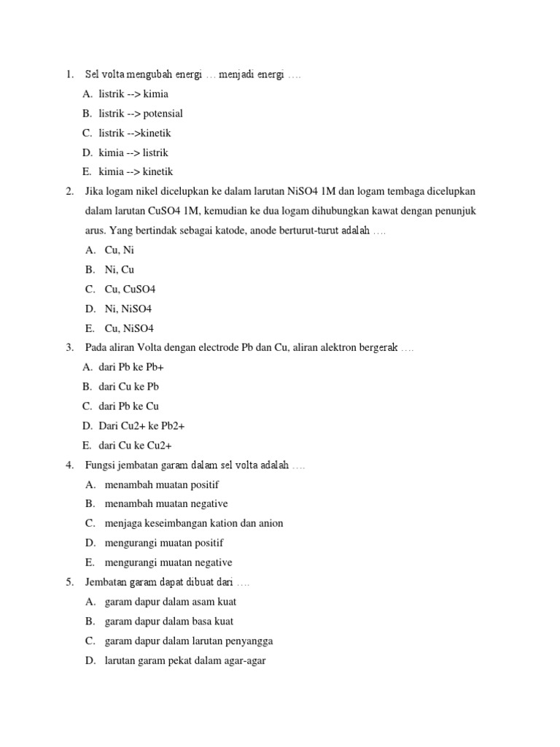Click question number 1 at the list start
[69, 74]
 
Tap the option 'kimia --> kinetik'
[135, 173]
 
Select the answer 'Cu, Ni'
[120, 250]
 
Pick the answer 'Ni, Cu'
[120, 270]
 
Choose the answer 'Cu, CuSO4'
[130, 290]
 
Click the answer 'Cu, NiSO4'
[129, 329]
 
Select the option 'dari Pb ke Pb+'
[131, 368]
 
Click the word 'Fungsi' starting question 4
[100, 465]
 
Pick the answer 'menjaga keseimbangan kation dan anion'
[194, 524]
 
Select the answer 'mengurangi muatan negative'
[168, 563]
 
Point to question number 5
[69, 583]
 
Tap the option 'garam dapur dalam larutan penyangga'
[189, 641]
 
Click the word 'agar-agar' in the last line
[246, 661]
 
